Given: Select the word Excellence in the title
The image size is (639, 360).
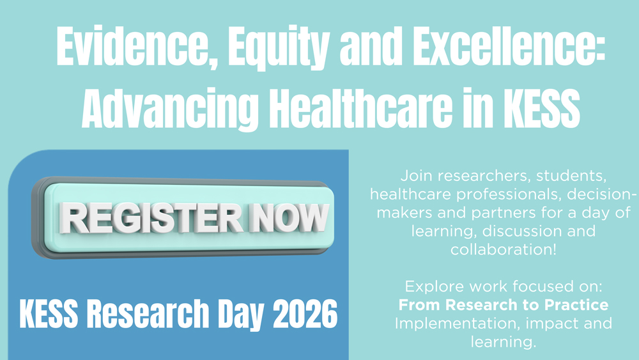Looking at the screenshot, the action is pos(509,46).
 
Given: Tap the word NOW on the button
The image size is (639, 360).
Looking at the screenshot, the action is pos(289,218).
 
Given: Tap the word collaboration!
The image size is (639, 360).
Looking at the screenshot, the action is pos(504,249).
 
